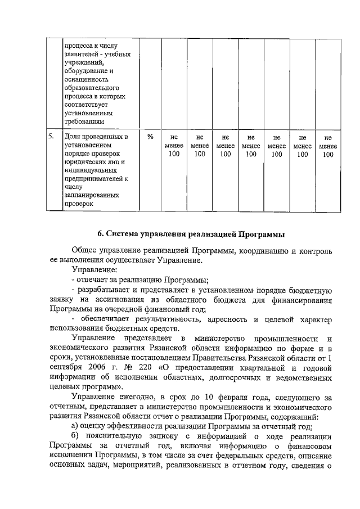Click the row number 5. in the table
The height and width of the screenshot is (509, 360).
point(51,136)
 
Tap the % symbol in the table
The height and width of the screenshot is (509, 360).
point(150,136)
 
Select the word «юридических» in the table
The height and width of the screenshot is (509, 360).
point(85,162)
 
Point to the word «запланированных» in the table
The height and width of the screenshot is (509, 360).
point(92,196)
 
